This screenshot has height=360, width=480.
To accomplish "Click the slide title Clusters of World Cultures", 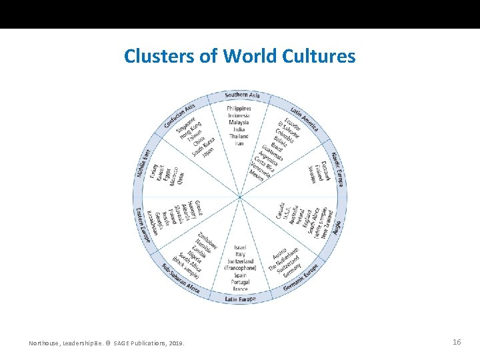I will pyautogui.click(x=239, y=56).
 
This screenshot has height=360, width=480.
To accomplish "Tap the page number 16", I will pyautogui.click(x=457, y=342).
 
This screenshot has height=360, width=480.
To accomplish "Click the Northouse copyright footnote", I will pyautogui.click(x=107, y=343).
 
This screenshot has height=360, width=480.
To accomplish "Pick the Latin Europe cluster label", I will pyautogui.click(x=240, y=299).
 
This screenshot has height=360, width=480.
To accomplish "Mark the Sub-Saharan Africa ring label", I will pyautogui.click(x=180, y=278).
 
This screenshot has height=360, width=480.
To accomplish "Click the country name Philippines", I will pyautogui.click(x=239, y=108).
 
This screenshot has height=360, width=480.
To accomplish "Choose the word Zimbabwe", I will pyautogui.click(x=209, y=240).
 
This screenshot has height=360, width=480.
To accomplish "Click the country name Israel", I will pyautogui.click(x=240, y=247).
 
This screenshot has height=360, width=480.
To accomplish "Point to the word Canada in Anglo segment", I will pyautogui.click(x=281, y=211).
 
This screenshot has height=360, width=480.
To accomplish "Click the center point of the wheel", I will pyautogui.click(x=240, y=197).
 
